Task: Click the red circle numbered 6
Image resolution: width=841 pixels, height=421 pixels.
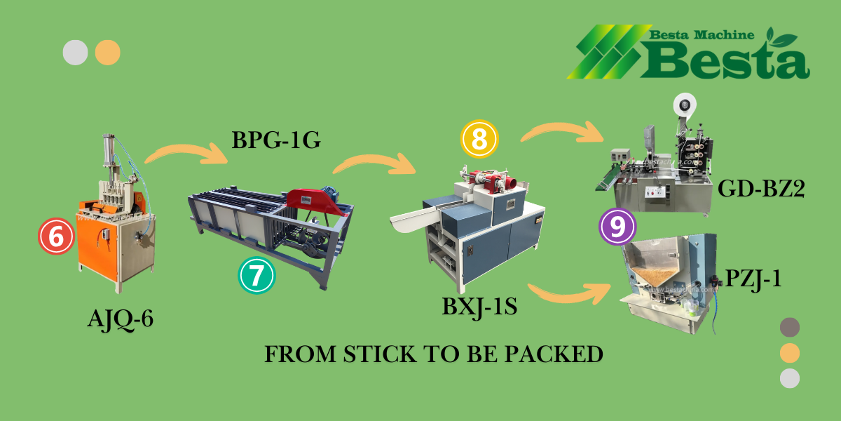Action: coord(56,238)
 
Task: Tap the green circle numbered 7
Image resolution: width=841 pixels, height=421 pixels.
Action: coord(257,275)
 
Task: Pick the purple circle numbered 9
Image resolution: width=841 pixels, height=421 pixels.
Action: coord(617,227)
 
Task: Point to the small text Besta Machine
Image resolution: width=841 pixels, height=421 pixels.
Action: coord(702,34)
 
